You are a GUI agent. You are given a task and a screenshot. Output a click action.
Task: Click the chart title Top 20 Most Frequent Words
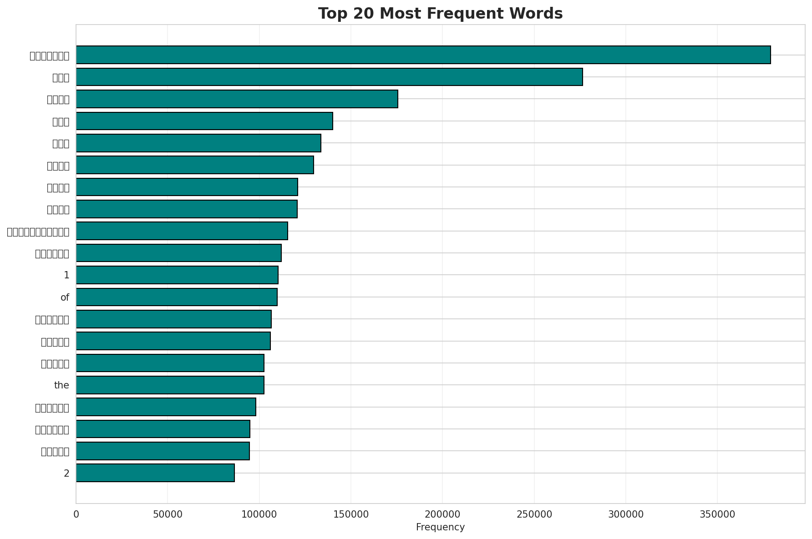click(x=440, y=14)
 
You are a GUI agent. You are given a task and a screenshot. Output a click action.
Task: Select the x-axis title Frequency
click(x=440, y=528)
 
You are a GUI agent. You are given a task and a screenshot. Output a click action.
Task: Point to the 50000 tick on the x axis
click(x=167, y=514)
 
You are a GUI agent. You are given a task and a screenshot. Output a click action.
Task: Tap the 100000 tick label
click(x=259, y=514)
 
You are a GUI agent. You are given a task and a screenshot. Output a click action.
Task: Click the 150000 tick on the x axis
click(x=351, y=514)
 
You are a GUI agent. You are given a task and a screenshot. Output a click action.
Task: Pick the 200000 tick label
click(x=442, y=514)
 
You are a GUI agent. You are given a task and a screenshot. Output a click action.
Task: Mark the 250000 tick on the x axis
click(x=534, y=514)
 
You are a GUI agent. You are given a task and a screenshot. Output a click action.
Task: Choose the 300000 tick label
click(x=626, y=514)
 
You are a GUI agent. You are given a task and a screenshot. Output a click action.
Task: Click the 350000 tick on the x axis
click(x=717, y=514)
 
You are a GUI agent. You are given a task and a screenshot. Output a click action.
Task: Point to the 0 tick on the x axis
click(x=76, y=514)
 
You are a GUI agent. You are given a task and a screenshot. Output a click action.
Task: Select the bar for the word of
click(x=177, y=297)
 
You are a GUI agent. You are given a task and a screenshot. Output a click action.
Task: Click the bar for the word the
click(x=170, y=385)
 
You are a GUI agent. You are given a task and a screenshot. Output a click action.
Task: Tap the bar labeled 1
click(x=177, y=275)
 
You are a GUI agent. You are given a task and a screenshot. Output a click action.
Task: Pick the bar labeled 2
click(x=155, y=473)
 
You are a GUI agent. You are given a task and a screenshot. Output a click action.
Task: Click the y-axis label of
click(x=65, y=297)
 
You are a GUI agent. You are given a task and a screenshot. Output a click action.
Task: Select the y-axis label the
click(x=61, y=386)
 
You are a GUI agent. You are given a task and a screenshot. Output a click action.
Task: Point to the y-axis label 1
click(x=66, y=275)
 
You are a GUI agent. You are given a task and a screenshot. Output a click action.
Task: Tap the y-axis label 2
click(x=66, y=474)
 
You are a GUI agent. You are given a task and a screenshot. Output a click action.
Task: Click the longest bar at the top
click(x=423, y=55)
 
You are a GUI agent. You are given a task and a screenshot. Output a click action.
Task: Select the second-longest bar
click(x=329, y=77)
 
